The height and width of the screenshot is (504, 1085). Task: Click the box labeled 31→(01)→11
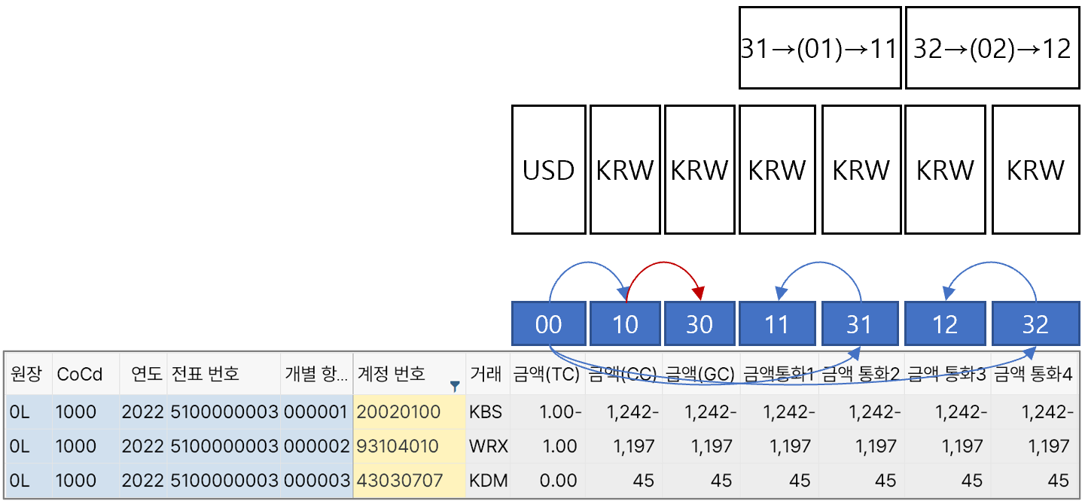[820, 48]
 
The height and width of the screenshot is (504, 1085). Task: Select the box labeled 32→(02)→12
[992, 48]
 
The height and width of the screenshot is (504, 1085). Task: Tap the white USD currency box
[548, 169]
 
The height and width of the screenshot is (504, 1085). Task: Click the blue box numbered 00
[548, 324]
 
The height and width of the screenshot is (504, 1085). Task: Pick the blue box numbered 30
[699, 324]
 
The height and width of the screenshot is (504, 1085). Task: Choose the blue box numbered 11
[776, 324]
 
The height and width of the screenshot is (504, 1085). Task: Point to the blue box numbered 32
[1035, 324]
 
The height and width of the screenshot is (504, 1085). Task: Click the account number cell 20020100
[399, 412]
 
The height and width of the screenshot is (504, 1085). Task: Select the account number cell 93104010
[398, 446]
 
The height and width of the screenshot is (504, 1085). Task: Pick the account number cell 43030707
[399, 480]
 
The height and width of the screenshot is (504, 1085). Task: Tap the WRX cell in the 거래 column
[487, 446]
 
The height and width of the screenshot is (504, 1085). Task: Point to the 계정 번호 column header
[392, 374]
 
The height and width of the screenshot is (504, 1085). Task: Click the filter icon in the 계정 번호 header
[455, 385]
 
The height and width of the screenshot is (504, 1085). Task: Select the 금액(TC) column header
[546, 374]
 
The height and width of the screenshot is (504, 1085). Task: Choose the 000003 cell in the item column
[316, 480]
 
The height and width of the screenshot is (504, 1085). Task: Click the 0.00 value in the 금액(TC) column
[558, 480]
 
